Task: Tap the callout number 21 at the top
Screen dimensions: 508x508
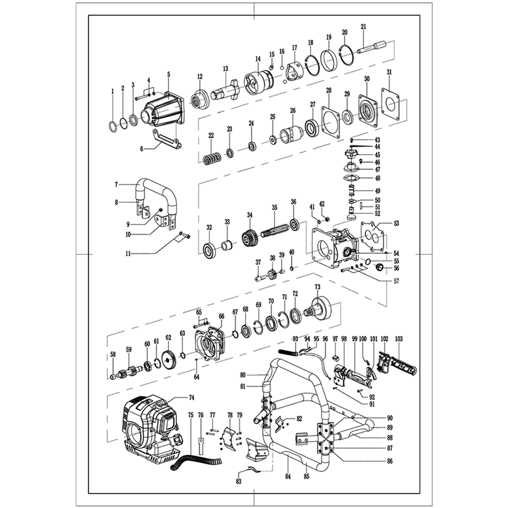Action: pyautogui.click(x=363, y=27)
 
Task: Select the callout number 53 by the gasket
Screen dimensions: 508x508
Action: pyautogui.click(x=397, y=223)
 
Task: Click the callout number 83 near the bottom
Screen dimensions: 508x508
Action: pyautogui.click(x=239, y=481)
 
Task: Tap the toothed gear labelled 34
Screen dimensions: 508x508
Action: pyautogui.click(x=248, y=237)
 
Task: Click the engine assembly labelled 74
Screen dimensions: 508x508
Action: pyautogui.click(x=150, y=427)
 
